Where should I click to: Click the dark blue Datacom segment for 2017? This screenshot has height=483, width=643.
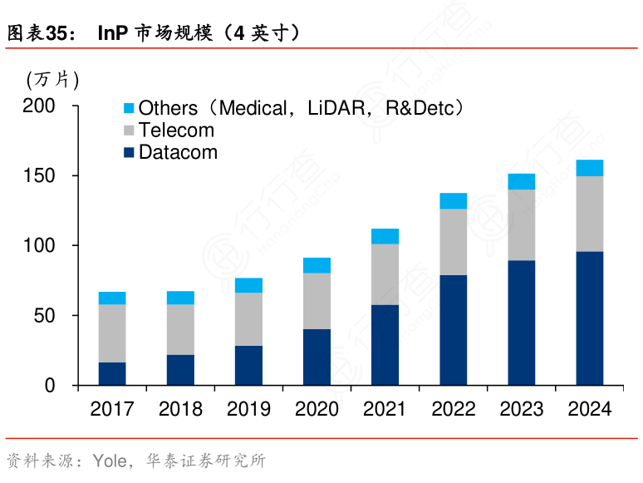tap(112, 373)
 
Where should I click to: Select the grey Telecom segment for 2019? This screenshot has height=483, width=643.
tap(248, 319)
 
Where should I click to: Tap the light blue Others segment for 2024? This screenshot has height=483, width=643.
tap(589, 168)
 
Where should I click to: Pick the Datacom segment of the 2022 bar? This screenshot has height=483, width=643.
tap(453, 330)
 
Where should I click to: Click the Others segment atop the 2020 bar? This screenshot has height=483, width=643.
tap(317, 265)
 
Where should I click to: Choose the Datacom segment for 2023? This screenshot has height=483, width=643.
tap(521, 323)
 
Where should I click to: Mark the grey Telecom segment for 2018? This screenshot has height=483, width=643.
tap(180, 329)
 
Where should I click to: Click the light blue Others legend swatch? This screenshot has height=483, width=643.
tap(129, 109)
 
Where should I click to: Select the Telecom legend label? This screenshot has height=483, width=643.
tap(176, 131)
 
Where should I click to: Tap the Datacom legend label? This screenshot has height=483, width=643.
tap(178, 153)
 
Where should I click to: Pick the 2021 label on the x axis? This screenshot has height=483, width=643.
tap(385, 409)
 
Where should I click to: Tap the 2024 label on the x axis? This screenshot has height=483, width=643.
tap(589, 409)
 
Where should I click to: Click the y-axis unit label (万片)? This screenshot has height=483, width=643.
tap(53, 80)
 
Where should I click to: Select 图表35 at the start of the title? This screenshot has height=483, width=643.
tap(36, 33)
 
